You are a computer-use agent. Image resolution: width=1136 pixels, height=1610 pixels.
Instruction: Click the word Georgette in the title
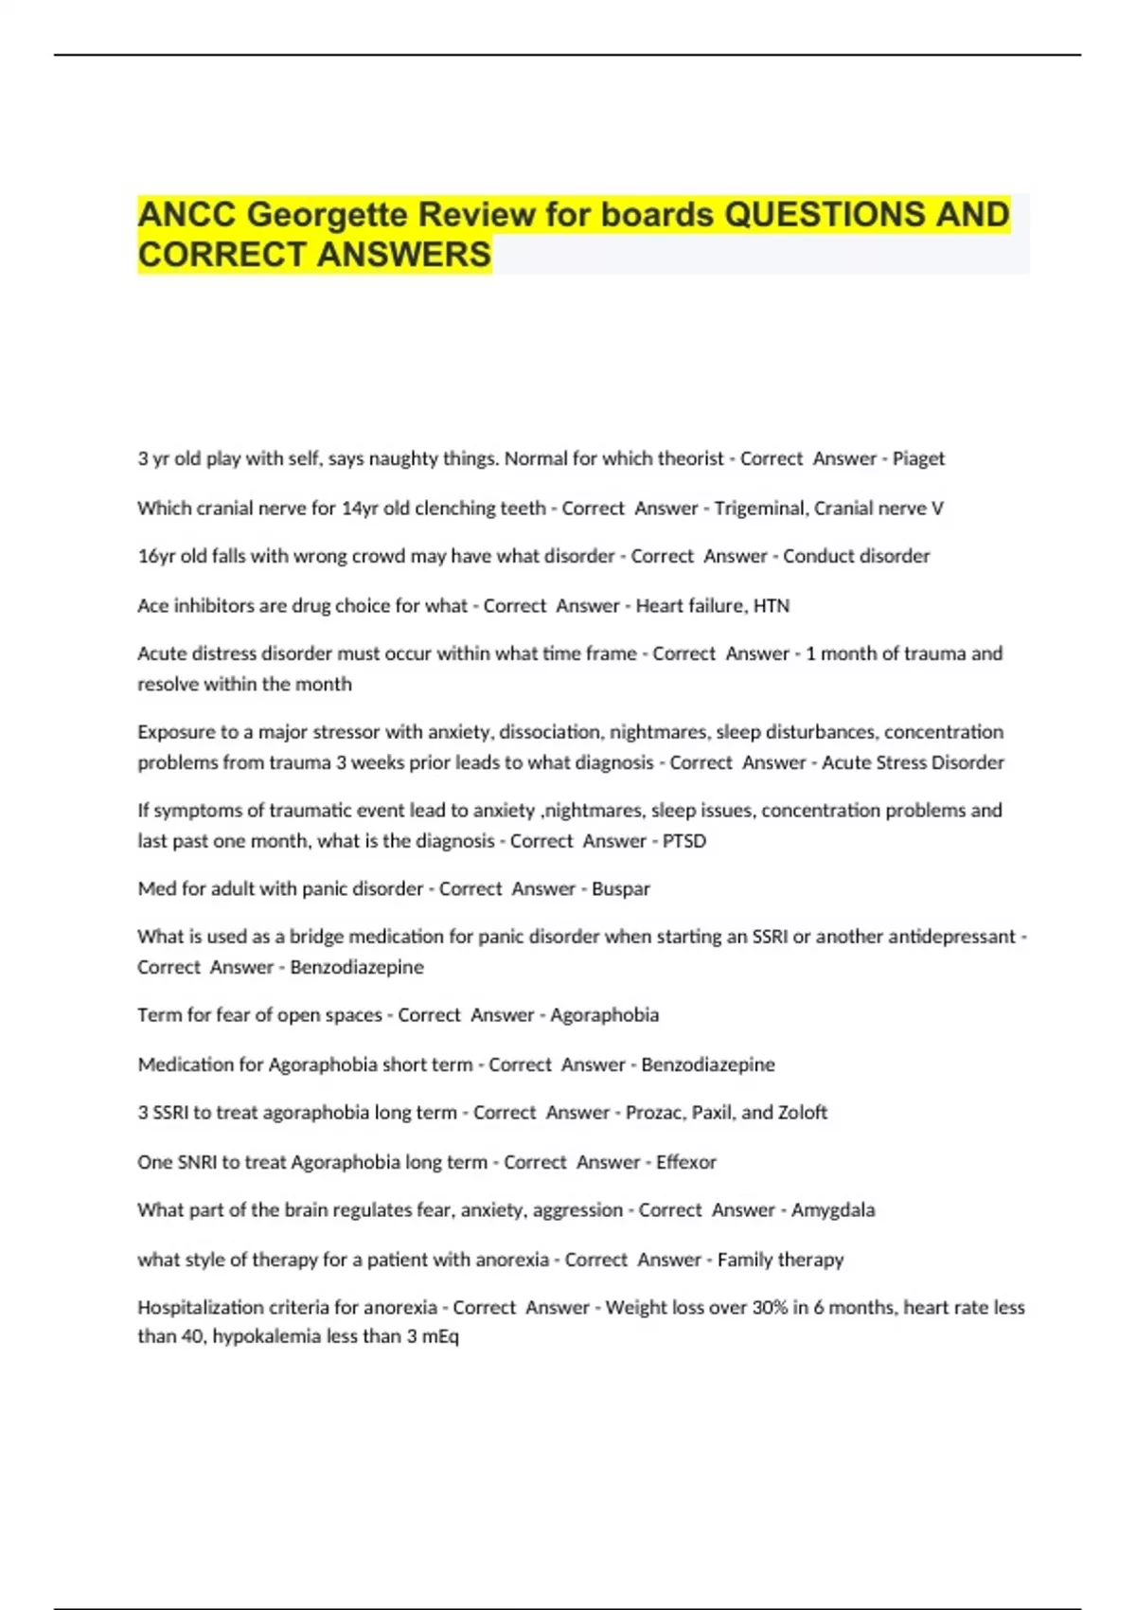point(328,215)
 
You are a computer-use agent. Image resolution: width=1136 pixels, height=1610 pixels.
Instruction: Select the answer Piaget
point(918,458)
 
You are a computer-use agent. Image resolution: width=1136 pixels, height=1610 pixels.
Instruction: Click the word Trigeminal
point(760,509)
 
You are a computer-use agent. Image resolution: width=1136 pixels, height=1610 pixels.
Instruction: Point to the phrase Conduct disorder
point(856,556)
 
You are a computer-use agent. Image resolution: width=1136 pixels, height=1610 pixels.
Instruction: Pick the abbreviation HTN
point(772,606)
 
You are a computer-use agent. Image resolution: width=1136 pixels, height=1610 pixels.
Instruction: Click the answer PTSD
point(684,841)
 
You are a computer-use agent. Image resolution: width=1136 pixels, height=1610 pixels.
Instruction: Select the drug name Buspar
point(621,889)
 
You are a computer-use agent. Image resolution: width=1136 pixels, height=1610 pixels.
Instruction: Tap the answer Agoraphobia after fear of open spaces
point(604,1015)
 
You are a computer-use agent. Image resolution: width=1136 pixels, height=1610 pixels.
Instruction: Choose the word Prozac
point(653,1113)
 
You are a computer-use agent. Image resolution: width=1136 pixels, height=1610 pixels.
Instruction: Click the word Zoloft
point(803,1113)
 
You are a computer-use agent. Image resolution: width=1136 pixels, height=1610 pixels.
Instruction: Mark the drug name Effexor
point(686,1162)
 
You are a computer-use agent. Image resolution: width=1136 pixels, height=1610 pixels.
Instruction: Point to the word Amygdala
point(833,1210)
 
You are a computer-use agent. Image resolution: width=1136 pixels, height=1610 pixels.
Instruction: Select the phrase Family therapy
point(780,1260)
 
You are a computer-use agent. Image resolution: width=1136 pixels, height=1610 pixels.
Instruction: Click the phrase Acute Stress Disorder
point(913,762)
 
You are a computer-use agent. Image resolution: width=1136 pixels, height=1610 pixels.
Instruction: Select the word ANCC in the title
point(186,215)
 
